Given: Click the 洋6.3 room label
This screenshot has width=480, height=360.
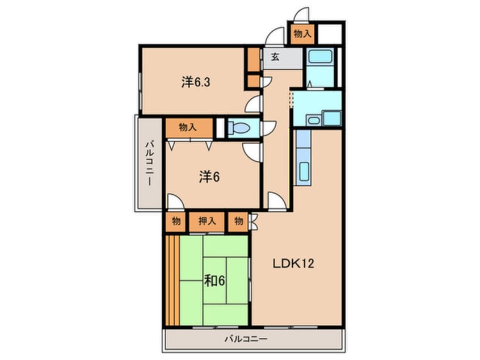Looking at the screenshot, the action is click(x=196, y=82).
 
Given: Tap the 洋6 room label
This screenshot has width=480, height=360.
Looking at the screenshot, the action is click(x=209, y=177).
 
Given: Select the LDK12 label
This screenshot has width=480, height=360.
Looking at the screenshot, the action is click(x=293, y=263).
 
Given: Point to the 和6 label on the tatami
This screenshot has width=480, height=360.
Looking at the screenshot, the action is click(x=214, y=281).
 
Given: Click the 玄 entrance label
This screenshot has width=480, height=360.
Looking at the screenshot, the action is click(x=275, y=57).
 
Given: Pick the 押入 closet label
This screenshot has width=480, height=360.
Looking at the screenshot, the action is click(x=207, y=221).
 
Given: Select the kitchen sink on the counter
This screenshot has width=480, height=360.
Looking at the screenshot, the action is click(x=304, y=171).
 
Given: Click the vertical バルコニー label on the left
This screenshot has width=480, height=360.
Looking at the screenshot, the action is click(x=149, y=163).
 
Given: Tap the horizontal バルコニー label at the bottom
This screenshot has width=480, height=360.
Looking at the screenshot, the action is click(x=246, y=339).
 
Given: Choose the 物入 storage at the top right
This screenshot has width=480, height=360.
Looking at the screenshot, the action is click(x=302, y=34).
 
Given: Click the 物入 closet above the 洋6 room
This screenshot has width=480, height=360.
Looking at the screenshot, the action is click(x=189, y=127).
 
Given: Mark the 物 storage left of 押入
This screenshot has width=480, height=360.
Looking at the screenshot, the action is click(x=176, y=221).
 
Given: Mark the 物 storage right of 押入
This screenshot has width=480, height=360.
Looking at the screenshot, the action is click(x=238, y=221).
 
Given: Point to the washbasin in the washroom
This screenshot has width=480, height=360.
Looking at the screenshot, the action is click(x=313, y=120).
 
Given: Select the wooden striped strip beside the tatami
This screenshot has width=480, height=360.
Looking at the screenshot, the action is click(x=172, y=281).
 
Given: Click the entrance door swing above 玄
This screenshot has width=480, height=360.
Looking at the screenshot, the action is click(x=275, y=37).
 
